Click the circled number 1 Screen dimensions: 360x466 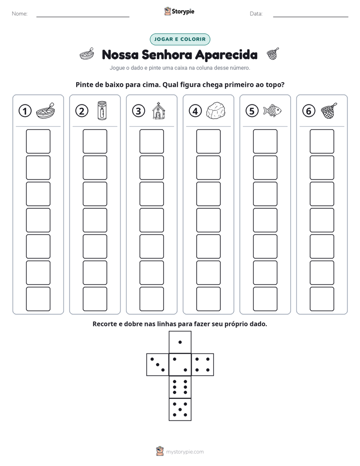[25, 111]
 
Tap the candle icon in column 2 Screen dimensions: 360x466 [102, 110]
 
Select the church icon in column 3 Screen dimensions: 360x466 [158, 111]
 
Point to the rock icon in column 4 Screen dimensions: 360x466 [216, 111]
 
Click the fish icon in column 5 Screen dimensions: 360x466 [272, 110]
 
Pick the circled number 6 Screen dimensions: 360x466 [309, 111]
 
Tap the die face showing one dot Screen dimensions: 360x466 [180, 342]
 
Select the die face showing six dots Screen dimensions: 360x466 [180, 387]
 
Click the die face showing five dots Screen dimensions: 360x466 [180, 410]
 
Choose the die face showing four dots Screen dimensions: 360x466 [203, 365]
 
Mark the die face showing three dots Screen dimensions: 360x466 [157, 365]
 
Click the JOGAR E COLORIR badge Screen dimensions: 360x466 [180, 39]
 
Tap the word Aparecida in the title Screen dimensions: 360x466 [226, 55]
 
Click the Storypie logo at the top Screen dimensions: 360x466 [179, 11]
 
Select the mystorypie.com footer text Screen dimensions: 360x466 [185, 452]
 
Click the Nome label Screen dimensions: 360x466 [20, 14]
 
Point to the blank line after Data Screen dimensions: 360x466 [311, 17]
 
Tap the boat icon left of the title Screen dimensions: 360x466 [87, 54]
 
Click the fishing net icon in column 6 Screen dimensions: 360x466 [329, 110]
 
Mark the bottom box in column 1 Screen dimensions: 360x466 [38, 299]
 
